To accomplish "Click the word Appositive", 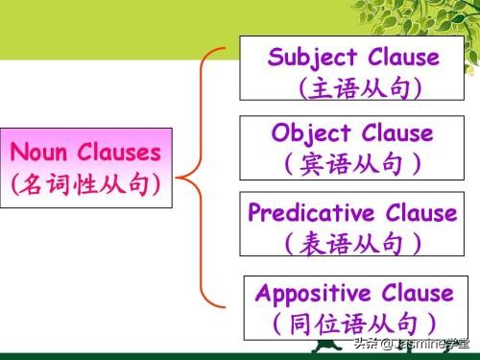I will tap(315, 293).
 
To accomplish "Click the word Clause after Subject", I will tap(403, 57).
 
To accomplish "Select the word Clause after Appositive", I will tap(415, 293).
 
